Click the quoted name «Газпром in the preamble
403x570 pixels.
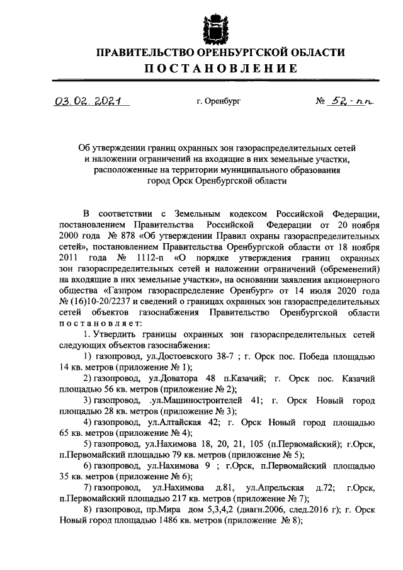point(129,290)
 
